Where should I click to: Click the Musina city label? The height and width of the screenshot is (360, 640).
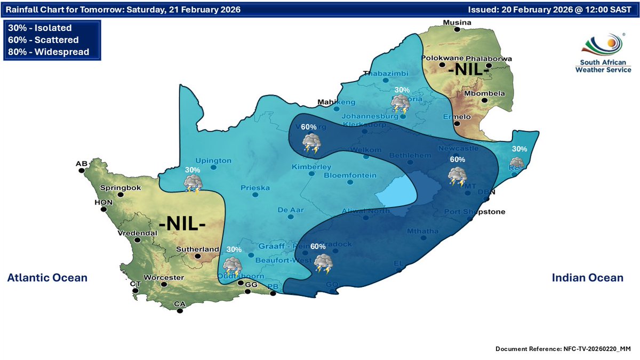pos(457,22)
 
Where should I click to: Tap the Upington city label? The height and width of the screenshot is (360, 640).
pos(213,161)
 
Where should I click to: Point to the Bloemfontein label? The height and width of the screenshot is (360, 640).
pos(350,175)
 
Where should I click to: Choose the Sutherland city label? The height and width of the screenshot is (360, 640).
pos(198,249)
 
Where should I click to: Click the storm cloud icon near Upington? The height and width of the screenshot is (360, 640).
pos(192,183)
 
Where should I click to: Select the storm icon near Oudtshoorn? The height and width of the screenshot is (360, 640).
pos(232,266)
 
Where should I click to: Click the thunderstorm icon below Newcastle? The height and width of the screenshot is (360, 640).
pos(457,176)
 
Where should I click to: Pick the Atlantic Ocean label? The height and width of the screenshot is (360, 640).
pos(47,278)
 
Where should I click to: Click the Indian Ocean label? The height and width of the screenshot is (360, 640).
pos(587,278)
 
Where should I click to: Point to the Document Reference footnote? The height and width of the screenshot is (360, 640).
pos(563,348)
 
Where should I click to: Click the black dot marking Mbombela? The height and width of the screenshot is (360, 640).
pos(484,100)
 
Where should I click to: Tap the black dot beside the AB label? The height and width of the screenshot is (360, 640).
pos(82,171)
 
